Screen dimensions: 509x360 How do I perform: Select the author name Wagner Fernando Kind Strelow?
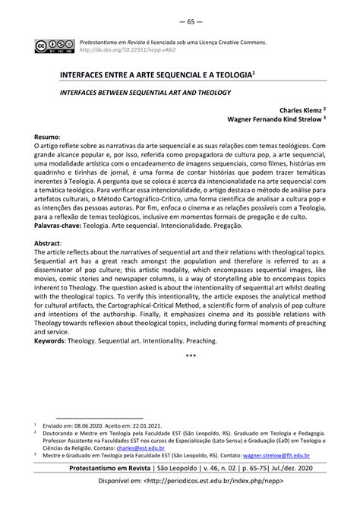(277, 119)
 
